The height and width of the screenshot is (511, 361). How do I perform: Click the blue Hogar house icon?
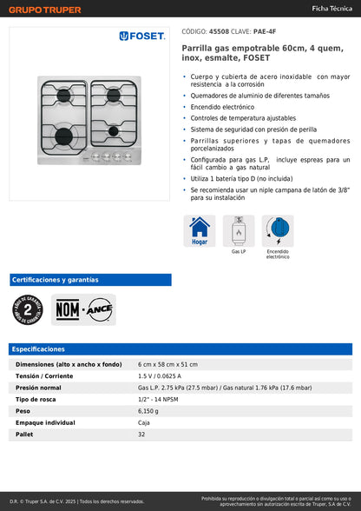click(x=200, y=231)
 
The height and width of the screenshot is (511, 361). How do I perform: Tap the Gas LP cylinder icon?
click(x=239, y=231)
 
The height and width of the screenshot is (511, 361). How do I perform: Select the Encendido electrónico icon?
click(x=278, y=231)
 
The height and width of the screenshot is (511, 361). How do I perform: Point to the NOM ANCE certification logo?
click(x=83, y=309)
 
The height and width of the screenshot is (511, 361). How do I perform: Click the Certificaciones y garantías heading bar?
click(x=56, y=280)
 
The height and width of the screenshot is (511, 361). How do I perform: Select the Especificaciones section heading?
click(x=38, y=348)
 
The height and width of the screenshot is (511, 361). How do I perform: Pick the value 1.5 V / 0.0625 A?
click(x=165, y=375)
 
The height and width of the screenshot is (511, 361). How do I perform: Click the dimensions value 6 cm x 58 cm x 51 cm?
click(x=168, y=364)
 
